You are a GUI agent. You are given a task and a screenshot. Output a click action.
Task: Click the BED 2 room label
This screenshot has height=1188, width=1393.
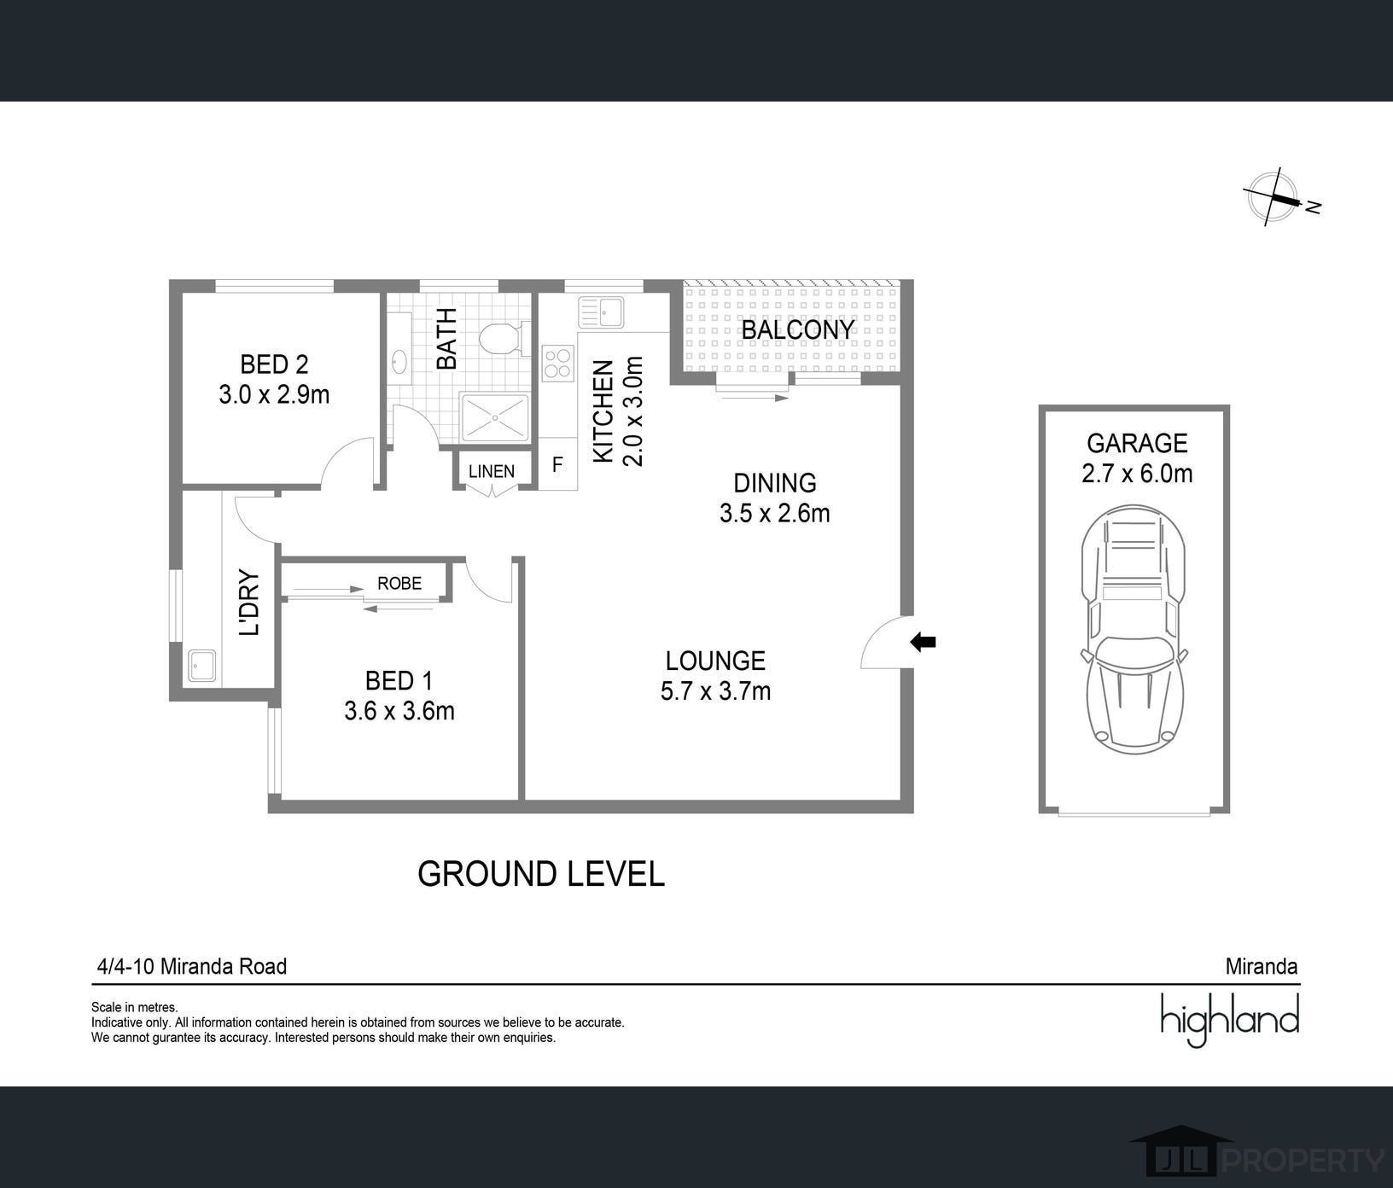click(x=274, y=364)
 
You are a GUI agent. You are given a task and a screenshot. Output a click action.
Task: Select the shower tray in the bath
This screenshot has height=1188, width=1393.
click(x=494, y=418)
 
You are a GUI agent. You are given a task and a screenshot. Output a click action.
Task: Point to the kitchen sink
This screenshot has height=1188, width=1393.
click(x=602, y=312)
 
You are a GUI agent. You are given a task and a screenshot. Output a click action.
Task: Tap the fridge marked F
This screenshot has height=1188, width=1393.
click(x=557, y=465)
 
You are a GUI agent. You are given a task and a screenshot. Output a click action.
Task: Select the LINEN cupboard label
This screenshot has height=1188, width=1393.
click(x=492, y=471)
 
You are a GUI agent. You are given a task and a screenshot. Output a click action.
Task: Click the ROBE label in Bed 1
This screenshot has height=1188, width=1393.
click(x=399, y=583)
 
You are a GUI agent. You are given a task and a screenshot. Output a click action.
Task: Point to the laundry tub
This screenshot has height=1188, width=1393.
click(x=202, y=665)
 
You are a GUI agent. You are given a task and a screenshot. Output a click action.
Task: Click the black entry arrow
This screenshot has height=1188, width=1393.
click(x=923, y=642)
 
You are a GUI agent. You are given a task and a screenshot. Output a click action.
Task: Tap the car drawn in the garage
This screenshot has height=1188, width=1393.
click(x=1134, y=628)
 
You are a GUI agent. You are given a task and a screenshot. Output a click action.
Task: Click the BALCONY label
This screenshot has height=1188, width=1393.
click(x=797, y=329)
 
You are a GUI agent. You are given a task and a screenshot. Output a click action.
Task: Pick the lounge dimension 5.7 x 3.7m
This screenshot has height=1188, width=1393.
click(x=715, y=690)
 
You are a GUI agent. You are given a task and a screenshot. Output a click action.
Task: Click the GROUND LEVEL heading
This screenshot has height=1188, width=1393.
click(x=541, y=874)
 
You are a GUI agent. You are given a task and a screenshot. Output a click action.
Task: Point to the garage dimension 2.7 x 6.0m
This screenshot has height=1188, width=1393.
click(x=1137, y=473)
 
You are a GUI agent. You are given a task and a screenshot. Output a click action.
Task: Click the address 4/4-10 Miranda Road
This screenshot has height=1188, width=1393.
click(x=192, y=966)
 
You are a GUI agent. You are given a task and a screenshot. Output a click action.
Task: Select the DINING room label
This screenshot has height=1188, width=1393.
click(x=775, y=483)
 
